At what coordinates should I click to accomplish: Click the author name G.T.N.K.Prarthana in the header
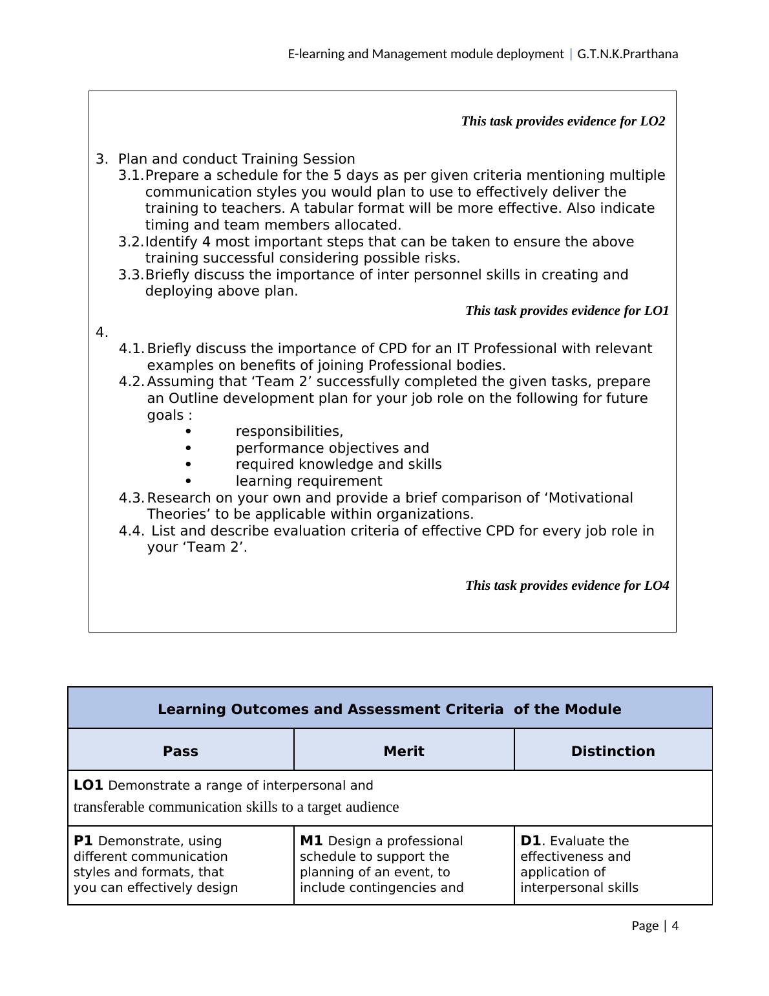[x=627, y=54]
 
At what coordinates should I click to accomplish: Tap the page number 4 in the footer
[x=675, y=926]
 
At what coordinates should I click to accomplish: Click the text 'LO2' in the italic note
[x=652, y=122]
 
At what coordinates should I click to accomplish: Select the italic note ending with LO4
[x=567, y=586]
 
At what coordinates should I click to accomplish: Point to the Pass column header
[x=180, y=751]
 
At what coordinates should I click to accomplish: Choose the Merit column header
[x=404, y=751]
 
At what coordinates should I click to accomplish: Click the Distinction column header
[x=613, y=751]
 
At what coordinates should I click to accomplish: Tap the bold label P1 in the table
[x=83, y=841]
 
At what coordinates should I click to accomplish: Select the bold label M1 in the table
[x=311, y=841]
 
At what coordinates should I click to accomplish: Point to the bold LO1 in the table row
[x=89, y=785]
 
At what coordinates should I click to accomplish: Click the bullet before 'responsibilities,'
[x=188, y=431]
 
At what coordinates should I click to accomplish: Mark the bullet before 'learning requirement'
[x=188, y=481]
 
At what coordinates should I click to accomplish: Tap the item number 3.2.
[x=131, y=242]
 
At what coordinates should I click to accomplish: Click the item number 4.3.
[x=132, y=498]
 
